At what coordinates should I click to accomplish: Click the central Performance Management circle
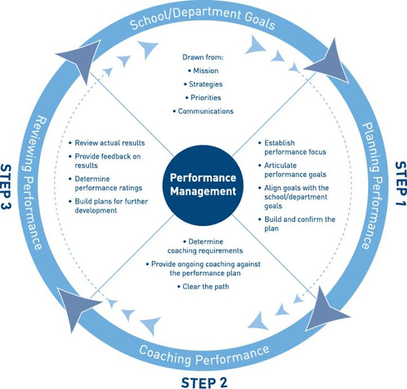pyautogui.click(x=203, y=184)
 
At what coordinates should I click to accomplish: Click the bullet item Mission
pyautogui.click(x=205, y=71)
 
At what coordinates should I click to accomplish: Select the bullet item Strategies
pyautogui.click(x=205, y=84)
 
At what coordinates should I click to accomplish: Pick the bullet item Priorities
pyautogui.click(x=205, y=97)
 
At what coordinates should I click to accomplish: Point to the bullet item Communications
pyautogui.click(x=205, y=111)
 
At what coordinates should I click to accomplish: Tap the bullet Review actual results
pyautogui.click(x=109, y=142)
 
